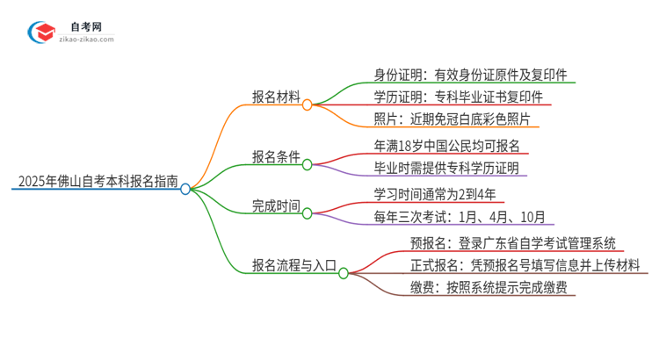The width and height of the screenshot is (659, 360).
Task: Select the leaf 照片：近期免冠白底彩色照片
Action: point(452,119)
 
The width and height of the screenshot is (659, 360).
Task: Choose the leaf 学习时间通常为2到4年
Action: point(435,195)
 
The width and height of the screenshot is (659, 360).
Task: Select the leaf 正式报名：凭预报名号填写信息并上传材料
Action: point(524,265)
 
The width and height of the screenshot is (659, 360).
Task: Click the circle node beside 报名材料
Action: point(308,104)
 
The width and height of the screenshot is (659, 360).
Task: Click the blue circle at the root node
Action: point(185,189)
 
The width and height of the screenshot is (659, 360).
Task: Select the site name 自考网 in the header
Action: point(88,25)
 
